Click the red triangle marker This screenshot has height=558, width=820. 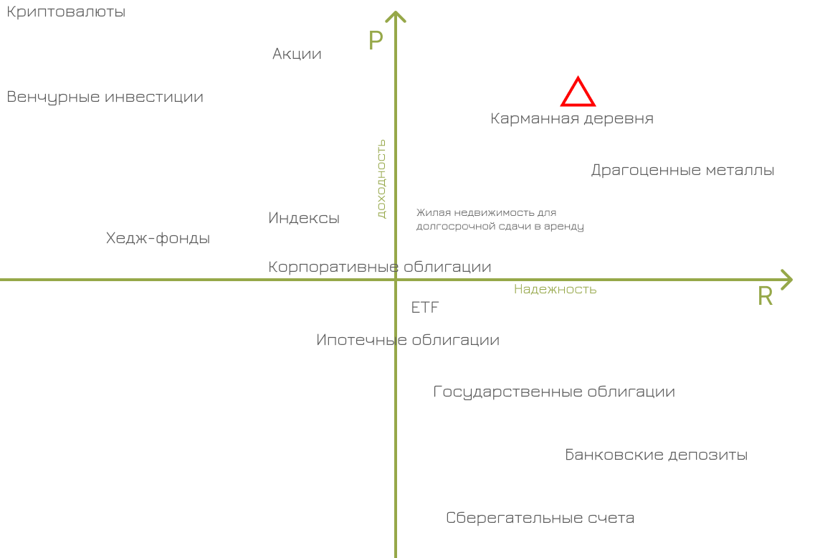[578, 93]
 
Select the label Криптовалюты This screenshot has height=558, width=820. [66, 12]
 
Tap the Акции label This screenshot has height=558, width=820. [297, 54]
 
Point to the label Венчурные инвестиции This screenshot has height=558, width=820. [105, 97]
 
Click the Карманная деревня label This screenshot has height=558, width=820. [572, 118]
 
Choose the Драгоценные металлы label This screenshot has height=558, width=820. [682, 171]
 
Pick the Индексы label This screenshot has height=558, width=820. [304, 218]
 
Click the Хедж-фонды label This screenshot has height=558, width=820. [158, 238]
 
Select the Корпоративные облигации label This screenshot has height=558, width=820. [380, 267]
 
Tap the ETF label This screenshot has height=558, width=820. [425, 308]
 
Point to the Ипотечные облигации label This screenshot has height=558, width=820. [408, 340]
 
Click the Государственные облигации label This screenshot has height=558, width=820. [554, 392]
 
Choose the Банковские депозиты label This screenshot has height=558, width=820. [656, 455]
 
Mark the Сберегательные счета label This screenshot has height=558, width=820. [540, 518]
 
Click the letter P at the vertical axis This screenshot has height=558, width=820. [376, 40]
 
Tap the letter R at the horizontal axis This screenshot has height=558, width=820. [766, 297]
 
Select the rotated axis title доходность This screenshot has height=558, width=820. [381, 178]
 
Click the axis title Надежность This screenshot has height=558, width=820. [555, 289]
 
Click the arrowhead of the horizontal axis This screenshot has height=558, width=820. [787, 280]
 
